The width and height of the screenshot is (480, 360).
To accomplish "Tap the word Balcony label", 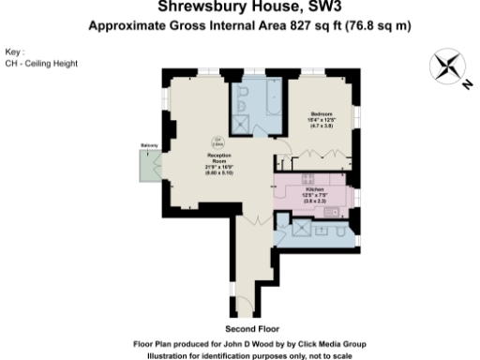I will tap(147, 145).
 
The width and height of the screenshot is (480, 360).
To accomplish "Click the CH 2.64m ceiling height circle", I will tap(217, 142).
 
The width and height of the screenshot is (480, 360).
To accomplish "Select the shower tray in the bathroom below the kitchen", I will tap(305, 229).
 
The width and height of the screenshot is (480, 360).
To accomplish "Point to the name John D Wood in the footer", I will tap(230, 344).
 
